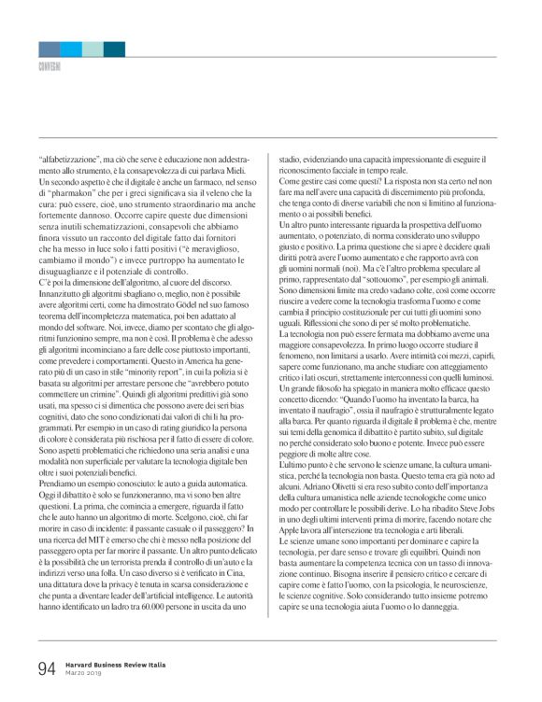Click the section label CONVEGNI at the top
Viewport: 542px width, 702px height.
50,67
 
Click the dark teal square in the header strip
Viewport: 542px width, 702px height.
114,49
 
